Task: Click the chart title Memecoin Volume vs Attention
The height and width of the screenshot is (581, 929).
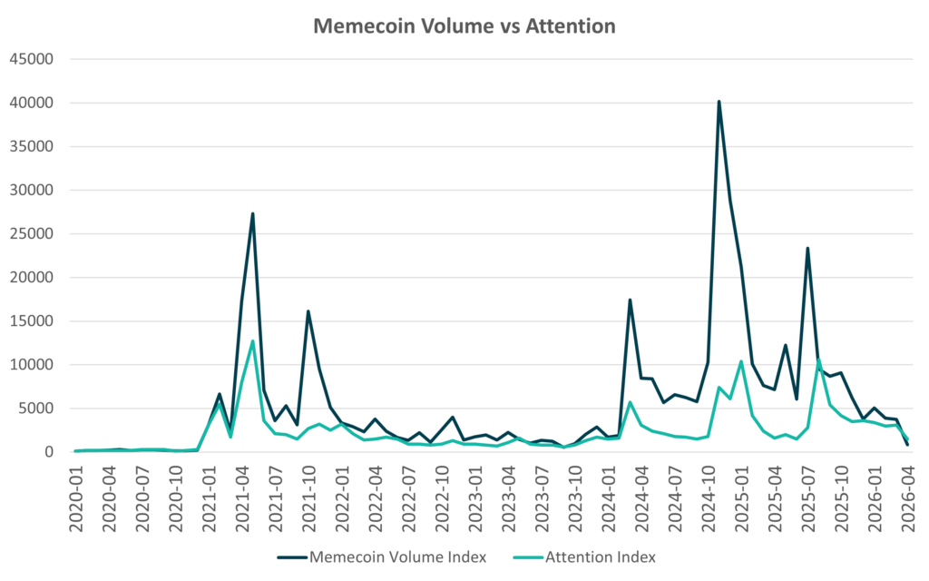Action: coord(464,26)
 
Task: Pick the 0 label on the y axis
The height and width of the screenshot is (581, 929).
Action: coord(51,452)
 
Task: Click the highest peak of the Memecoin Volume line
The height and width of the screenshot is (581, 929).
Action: coord(719,102)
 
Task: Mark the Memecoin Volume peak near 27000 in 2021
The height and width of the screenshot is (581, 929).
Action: coord(252,214)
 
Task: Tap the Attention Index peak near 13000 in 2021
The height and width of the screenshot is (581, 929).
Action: coord(252,340)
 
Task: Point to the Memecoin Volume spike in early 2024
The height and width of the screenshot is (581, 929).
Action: coord(630,300)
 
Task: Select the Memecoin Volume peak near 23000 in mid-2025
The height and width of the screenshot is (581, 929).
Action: coord(807,248)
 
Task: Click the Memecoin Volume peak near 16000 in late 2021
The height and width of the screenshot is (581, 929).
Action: coord(308,311)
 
